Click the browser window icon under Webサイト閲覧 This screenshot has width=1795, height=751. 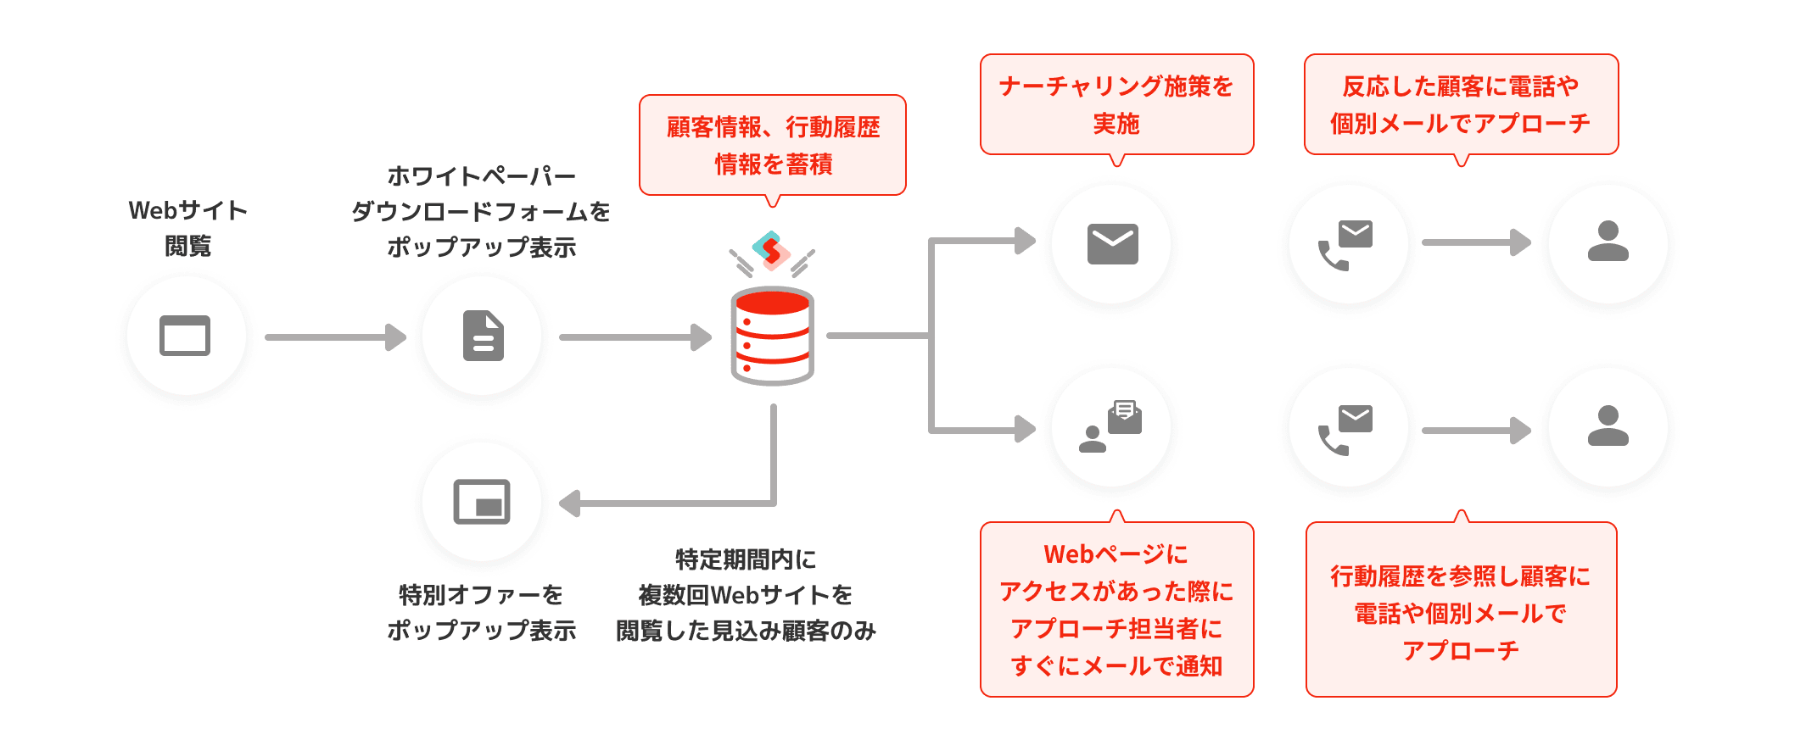pyautogui.click(x=185, y=336)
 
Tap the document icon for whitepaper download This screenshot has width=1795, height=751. pyautogui.click(x=483, y=337)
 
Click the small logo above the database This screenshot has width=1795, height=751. pyautogui.click(x=771, y=251)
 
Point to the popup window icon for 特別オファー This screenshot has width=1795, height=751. pyautogui.click(x=482, y=502)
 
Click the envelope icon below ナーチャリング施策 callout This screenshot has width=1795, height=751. pyautogui.click(x=1112, y=244)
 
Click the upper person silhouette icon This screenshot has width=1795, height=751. pyautogui.click(x=1608, y=242)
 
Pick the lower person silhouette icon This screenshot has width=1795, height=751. pyautogui.click(x=1608, y=427)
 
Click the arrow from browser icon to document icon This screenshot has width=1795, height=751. pyautogui.click(x=335, y=337)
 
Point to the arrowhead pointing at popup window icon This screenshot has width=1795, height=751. pyautogui.click(x=570, y=503)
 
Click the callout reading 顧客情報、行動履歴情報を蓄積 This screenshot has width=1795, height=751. pyautogui.click(x=772, y=145)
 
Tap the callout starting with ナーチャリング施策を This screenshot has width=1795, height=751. pyautogui.click(x=1116, y=104)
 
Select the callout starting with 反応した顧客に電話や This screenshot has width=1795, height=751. pyautogui.click(x=1460, y=104)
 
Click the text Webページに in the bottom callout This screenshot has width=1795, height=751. pyautogui.click(x=1116, y=554)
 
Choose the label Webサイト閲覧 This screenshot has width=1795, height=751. pyautogui.click(x=187, y=228)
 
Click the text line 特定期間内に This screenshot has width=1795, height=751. pyautogui.click(x=746, y=559)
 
